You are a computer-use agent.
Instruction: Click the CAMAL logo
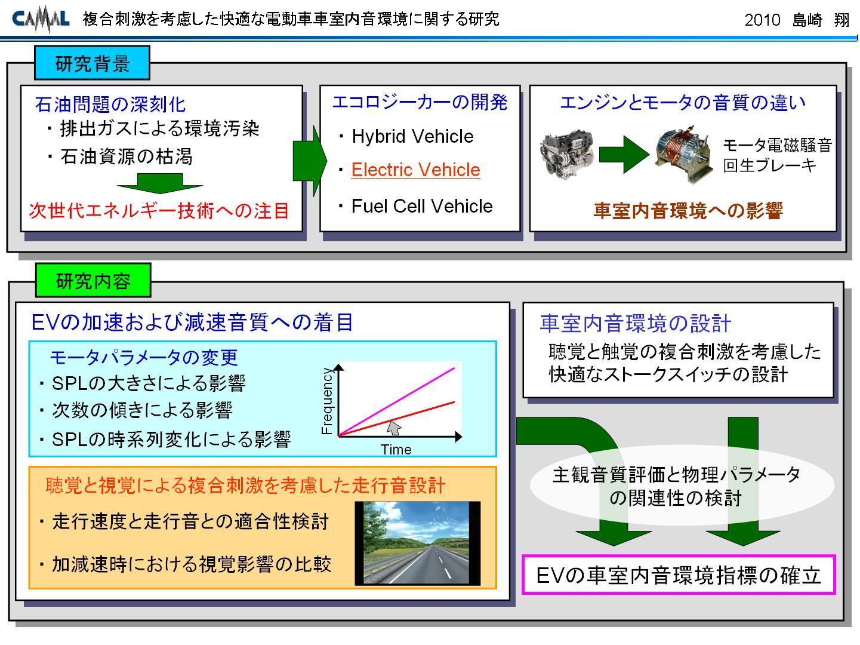(41, 19)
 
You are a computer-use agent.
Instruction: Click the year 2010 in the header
(762, 20)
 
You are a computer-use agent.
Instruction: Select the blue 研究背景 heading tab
(92, 63)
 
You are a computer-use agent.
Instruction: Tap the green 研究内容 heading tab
(93, 280)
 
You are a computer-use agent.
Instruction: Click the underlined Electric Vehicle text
(415, 170)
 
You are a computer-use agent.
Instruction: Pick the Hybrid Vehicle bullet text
(412, 136)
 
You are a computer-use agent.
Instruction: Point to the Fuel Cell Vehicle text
(421, 206)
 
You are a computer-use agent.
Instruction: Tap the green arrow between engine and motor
(624, 154)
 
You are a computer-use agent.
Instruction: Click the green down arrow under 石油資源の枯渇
(160, 183)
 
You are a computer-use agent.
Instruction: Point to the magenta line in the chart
(396, 401)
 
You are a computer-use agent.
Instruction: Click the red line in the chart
(396, 419)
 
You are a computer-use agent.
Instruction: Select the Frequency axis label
(327, 401)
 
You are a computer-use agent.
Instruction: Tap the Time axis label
(396, 449)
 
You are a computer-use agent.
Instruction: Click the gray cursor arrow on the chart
(394, 428)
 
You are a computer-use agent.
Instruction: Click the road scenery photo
(418, 543)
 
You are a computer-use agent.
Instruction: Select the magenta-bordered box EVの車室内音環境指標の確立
(679, 575)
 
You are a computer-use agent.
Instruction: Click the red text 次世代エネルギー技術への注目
(159, 211)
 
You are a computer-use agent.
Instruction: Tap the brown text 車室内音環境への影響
(688, 211)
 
